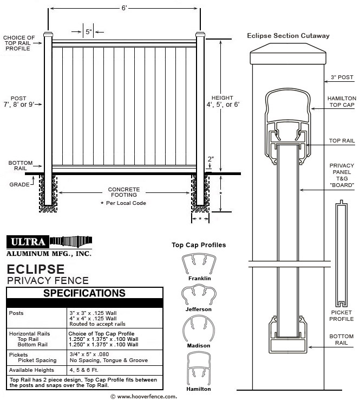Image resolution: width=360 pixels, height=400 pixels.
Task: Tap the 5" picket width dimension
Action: click(88, 32)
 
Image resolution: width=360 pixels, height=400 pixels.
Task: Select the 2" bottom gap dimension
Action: click(210, 159)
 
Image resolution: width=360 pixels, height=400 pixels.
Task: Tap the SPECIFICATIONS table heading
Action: click(84, 293)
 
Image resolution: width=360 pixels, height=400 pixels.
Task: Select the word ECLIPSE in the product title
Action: click(36, 269)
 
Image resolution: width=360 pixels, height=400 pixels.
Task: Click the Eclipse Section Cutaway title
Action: click(289, 36)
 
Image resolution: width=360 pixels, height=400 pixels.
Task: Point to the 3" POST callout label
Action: click(342, 78)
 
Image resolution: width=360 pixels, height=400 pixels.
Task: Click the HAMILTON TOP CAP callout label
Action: click(342, 103)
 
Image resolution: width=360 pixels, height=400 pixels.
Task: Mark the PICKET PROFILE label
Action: click(342, 316)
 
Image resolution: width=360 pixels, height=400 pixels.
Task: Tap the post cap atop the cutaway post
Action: click(289, 56)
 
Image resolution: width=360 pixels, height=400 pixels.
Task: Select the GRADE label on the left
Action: click(19, 184)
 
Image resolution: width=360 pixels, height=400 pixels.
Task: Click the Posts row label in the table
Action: click(17, 313)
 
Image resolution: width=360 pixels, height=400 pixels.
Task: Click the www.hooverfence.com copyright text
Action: click(143, 396)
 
